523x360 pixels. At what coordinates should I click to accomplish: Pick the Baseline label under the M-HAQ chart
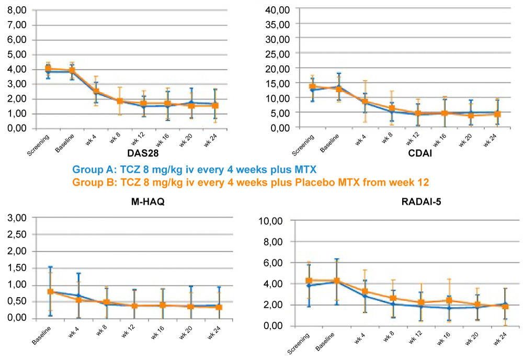(x=41, y=337)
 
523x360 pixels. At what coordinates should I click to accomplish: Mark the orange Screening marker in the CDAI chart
(x=313, y=86)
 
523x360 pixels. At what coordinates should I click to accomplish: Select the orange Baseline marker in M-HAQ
(x=50, y=291)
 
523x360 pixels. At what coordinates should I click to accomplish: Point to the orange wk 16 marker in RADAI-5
(x=448, y=300)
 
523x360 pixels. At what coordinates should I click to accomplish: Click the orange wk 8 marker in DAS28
(x=119, y=101)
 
